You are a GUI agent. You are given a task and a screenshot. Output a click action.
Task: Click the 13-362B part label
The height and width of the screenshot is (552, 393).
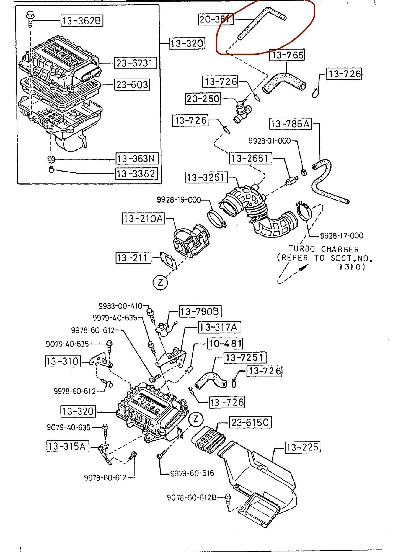pyautogui.click(x=82, y=21)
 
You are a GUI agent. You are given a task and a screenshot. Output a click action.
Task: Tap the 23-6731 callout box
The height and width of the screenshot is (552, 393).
pyautogui.click(x=135, y=63)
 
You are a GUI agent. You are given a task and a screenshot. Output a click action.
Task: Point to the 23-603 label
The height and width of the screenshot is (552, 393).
pyautogui.click(x=132, y=85)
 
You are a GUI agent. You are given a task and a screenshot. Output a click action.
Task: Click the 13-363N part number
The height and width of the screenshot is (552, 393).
pyautogui.click(x=136, y=159)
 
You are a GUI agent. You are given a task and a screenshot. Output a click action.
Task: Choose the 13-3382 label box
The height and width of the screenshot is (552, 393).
pyautogui.click(x=136, y=173)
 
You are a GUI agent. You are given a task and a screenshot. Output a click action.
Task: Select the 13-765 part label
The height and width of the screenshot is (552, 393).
pyautogui.click(x=287, y=55)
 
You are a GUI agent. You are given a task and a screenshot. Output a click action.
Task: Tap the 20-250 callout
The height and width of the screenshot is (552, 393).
pyautogui.click(x=203, y=99)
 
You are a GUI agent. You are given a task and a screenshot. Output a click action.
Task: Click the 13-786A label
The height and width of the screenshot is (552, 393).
pyautogui.click(x=290, y=124)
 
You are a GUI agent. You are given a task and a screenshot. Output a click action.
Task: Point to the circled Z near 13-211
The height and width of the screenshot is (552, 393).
pyautogui.click(x=160, y=283)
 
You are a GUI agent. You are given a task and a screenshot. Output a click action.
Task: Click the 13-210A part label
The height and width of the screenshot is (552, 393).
pyautogui.click(x=143, y=219)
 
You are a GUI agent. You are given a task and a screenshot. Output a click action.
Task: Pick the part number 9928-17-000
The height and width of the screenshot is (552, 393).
pyautogui.click(x=342, y=235)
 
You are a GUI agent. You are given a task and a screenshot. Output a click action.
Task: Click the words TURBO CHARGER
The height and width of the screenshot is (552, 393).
pyautogui.click(x=324, y=249)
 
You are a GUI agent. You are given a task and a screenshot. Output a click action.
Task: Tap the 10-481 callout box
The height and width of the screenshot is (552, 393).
pyautogui.click(x=225, y=344)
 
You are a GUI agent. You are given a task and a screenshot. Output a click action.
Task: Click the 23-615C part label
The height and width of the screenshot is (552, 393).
pyautogui.click(x=250, y=423)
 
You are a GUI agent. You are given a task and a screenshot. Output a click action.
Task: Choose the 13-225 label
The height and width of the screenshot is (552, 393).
pyautogui.click(x=302, y=447)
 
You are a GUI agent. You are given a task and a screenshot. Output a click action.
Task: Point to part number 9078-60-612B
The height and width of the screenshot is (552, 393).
pyautogui.click(x=191, y=497)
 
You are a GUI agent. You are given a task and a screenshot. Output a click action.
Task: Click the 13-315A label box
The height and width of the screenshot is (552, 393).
pyautogui.click(x=68, y=446)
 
